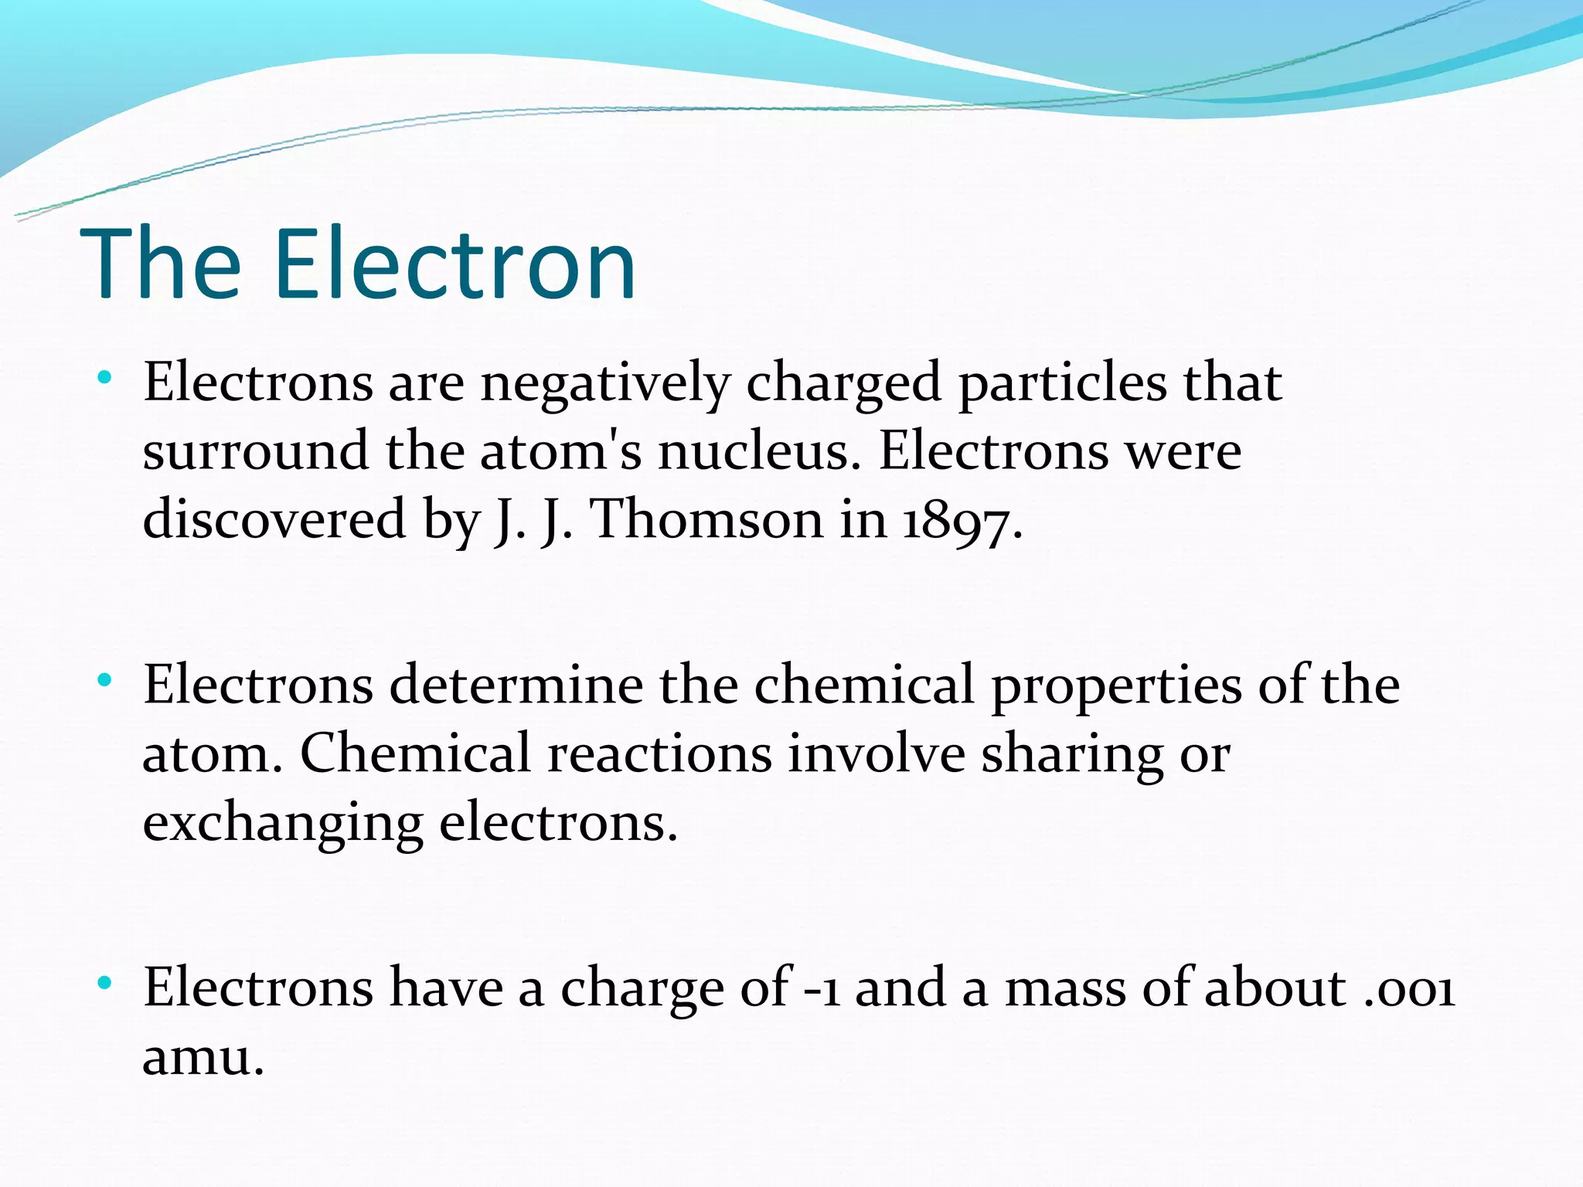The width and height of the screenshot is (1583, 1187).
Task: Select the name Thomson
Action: [706, 519]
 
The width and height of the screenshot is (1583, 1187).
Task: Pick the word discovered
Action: [274, 519]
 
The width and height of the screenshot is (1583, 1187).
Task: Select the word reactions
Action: [659, 753]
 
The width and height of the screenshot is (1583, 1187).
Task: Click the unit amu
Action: [203, 1056]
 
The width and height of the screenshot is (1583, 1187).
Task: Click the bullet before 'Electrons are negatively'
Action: [104, 379]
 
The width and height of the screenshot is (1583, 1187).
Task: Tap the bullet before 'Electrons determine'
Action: [104, 681]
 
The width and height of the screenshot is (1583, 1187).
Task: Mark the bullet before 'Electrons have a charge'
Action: [104, 983]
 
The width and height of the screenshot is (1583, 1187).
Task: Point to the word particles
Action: [1062, 383]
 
